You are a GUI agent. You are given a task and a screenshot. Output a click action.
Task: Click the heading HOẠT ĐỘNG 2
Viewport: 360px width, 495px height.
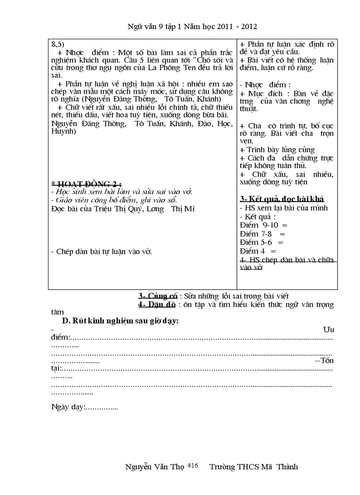pyautogui.click(x=87, y=184)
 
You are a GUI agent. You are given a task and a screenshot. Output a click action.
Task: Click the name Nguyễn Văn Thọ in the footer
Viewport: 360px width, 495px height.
pyautogui.click(x=155, y=467)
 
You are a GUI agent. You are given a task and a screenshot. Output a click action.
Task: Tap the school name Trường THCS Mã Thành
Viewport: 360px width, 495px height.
pyautogui.click(x=254, y=467)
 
